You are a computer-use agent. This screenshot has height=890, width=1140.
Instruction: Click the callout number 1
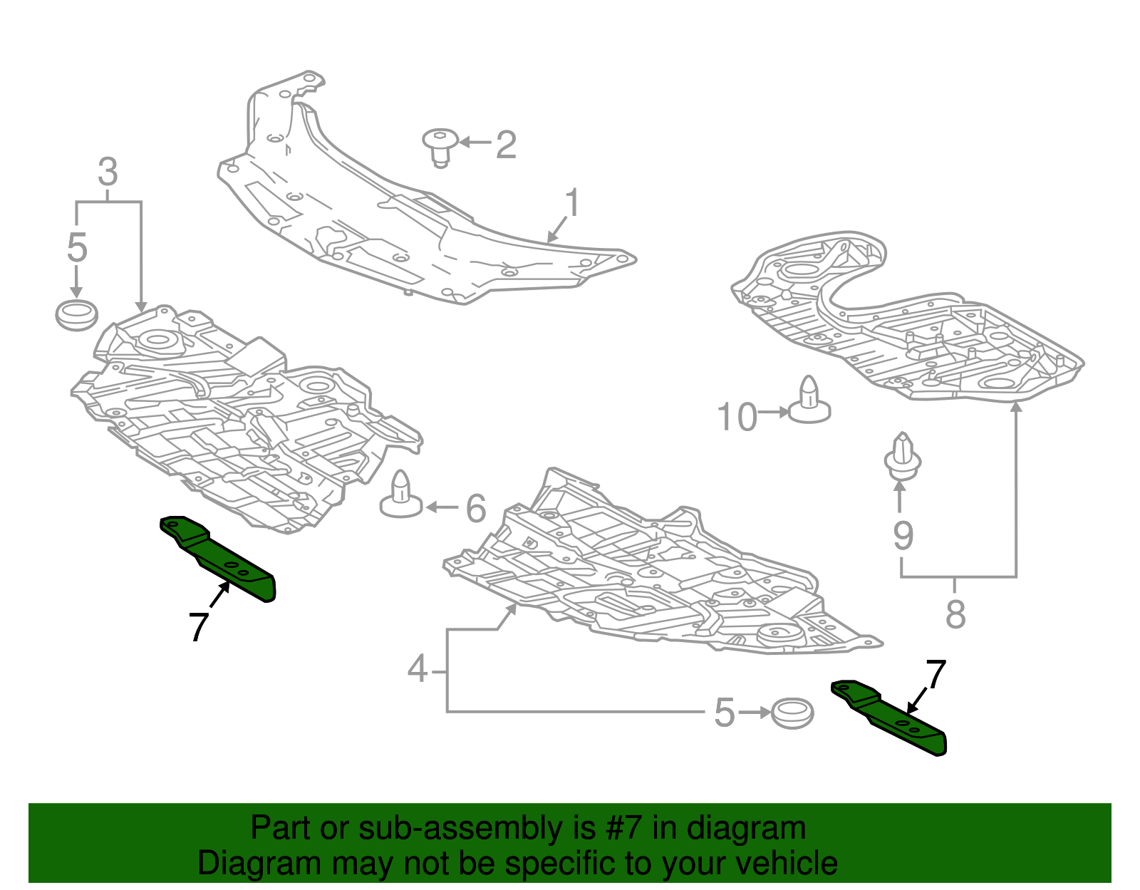(x=572, y=202)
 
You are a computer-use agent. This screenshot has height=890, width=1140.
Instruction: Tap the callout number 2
(x=506, y=144)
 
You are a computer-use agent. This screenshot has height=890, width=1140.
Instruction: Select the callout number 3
(x=108, y=172)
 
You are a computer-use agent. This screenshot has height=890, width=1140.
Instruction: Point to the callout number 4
(x=418, y=669)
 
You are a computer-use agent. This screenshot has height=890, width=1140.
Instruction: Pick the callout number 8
(x=955, y=614)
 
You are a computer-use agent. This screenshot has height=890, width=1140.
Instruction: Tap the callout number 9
(x=903, y=535)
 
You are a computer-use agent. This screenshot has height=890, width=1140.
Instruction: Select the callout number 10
(x=737, y=417)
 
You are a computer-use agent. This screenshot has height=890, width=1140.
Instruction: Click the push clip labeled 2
(x=440, y=148)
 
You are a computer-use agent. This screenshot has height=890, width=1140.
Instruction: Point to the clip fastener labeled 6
(x=401, y=495)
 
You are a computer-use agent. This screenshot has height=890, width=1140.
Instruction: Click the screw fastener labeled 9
(x=902, y=456)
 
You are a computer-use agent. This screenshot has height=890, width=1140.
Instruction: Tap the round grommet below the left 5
(x=77, y=315)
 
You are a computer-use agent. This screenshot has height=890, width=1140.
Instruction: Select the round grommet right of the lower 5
(x=792, y=713)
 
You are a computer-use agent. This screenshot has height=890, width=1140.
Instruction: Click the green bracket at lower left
(x=218, y=558)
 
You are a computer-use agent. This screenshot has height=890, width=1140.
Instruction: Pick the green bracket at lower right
(x=889, y=717)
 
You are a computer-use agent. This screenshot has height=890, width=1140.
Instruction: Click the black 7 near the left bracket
(x=199, y=627)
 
